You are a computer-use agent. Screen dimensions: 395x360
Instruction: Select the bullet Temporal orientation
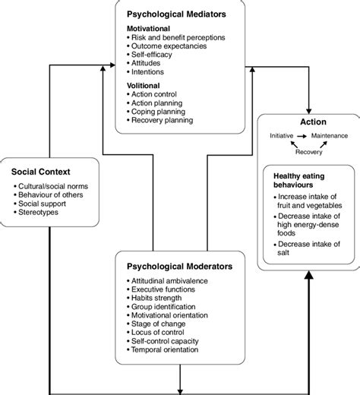169,350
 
